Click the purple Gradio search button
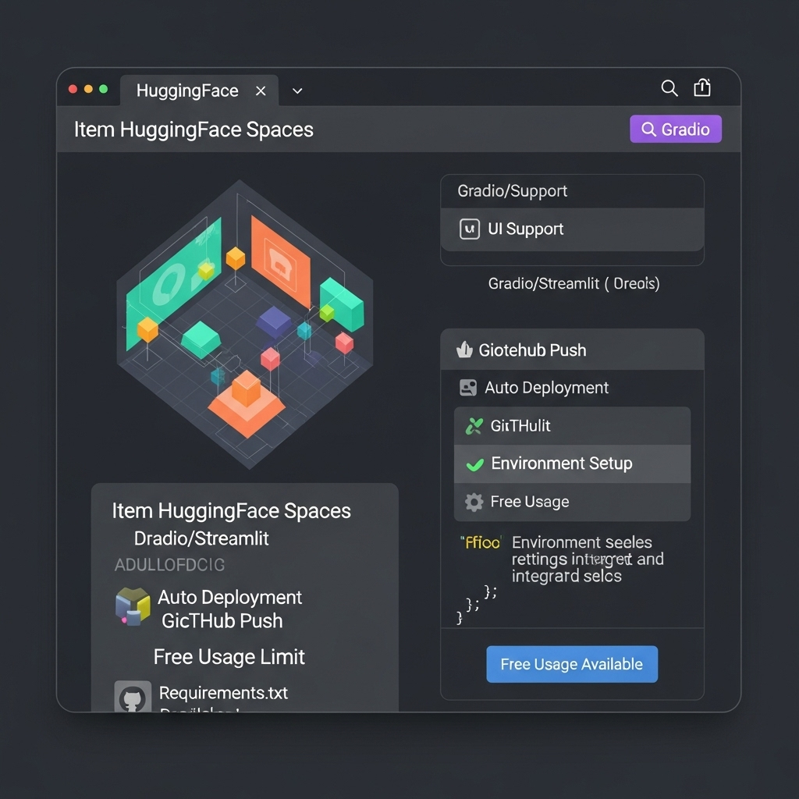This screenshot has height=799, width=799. pos(676,130)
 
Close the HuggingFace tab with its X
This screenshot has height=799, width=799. pos(261,91)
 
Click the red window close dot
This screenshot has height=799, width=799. pos(73,90)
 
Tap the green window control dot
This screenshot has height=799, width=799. pos(103,90)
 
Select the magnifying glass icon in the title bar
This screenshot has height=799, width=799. pos(669,88)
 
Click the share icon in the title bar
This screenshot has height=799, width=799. pos(702,88)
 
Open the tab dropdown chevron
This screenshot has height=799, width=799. pos(297,91)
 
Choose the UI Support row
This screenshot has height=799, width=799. pos(572,229)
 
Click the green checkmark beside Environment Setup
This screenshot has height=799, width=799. pos(474,464)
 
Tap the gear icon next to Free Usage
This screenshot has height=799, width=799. pos(474,502)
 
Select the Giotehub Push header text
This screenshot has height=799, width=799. pos(532,350)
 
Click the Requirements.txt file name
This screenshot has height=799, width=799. pos(223,693)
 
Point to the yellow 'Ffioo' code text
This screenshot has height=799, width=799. pos(482,543)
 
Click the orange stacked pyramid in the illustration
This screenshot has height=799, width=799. pos(247,401)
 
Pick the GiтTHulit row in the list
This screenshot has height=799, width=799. pos(572,426)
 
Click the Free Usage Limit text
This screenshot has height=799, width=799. pos(229,657)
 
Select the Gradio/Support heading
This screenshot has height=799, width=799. pos(513,191)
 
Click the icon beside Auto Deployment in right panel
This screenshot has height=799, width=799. pos(468,388)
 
